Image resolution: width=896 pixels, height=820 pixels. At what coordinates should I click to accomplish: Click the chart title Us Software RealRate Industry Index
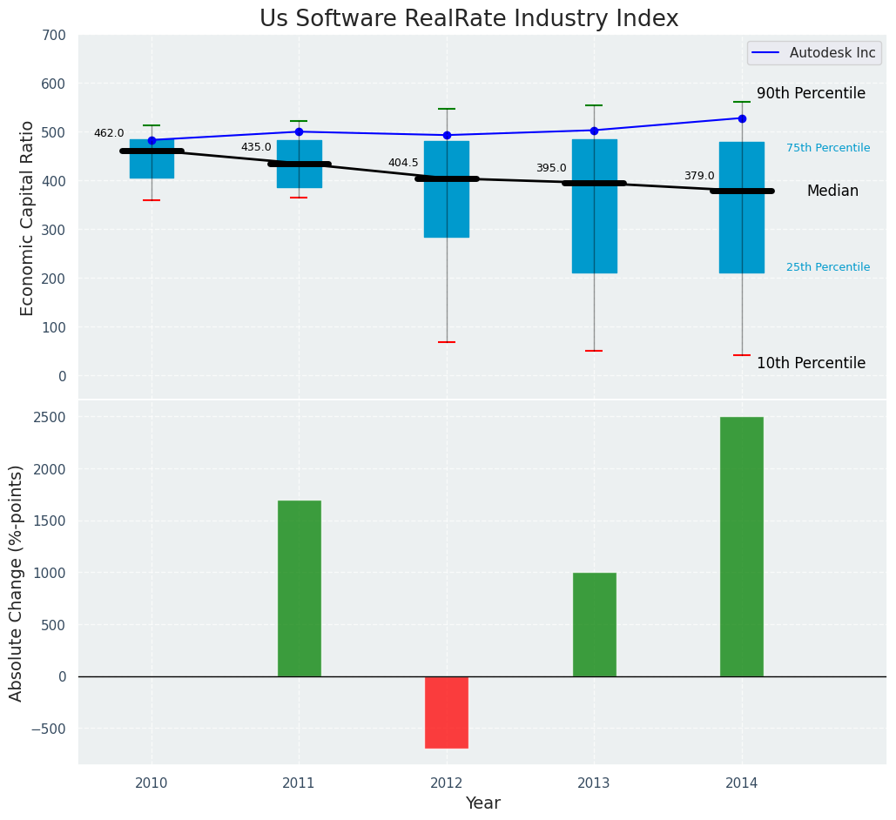[x=468, y=19]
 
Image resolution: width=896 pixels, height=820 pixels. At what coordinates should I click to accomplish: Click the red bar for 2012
[x=447, y=712]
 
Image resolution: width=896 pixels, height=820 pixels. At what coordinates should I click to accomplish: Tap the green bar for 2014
[x=742, y=547]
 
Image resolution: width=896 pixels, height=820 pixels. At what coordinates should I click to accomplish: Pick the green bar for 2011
[x=300, y=588]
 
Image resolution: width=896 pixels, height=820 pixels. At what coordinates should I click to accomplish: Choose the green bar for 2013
[x=594, y=624]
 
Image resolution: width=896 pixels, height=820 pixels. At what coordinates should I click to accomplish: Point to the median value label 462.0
[x=109, y=134]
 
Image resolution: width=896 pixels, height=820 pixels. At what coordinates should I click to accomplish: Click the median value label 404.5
[x=403, y=164]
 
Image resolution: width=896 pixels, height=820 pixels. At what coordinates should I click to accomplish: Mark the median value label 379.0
[x=698, y=177]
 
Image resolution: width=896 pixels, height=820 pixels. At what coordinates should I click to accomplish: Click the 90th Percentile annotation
[x=811, y=94]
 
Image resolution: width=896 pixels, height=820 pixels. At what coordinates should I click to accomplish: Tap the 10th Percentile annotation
[x=811, y=364]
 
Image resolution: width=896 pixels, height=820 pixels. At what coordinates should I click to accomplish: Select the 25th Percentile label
[x=827, y=268]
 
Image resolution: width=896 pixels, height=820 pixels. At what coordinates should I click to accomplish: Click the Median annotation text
[x=832, y=192]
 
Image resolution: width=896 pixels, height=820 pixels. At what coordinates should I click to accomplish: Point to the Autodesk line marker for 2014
[x=742, y=118]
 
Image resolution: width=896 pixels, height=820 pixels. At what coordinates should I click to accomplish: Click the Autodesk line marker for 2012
[x=447, y=135]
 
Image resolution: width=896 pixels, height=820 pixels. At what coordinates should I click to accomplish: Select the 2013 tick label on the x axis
[x=594, y=783]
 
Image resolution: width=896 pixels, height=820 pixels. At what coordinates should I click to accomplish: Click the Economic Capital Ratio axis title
[x=28, y=218]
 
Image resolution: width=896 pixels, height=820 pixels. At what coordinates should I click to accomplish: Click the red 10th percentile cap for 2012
[x=447, y=342]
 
